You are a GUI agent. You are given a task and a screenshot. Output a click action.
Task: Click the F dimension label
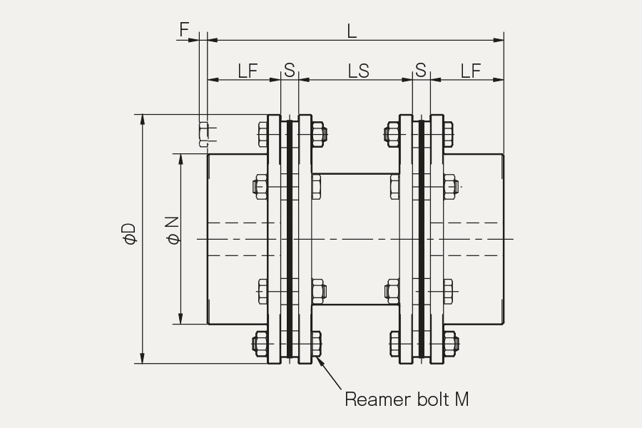[185, 29]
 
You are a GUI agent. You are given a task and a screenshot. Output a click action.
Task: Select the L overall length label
[352, 31]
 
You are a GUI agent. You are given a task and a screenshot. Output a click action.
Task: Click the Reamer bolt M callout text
[407, 399]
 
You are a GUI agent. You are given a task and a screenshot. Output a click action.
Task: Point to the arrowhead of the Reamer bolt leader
[318, 359]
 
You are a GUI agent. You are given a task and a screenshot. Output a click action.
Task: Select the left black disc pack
[290, 238]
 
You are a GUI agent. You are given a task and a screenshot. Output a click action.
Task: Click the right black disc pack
[422, 238]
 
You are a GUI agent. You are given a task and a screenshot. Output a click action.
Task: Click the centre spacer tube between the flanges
[355, 239]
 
